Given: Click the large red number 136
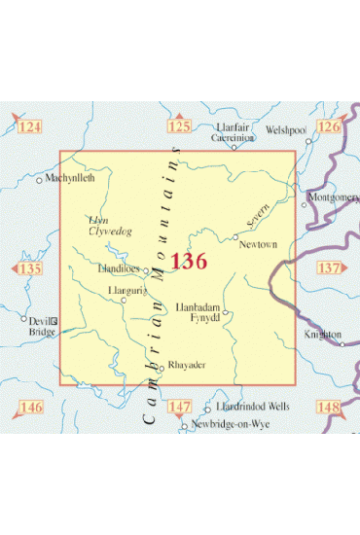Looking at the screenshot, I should (x=189, y=261).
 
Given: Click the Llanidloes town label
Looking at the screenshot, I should (x=121, y=270).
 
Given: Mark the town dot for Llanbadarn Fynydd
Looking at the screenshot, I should (x=225, y=313).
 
